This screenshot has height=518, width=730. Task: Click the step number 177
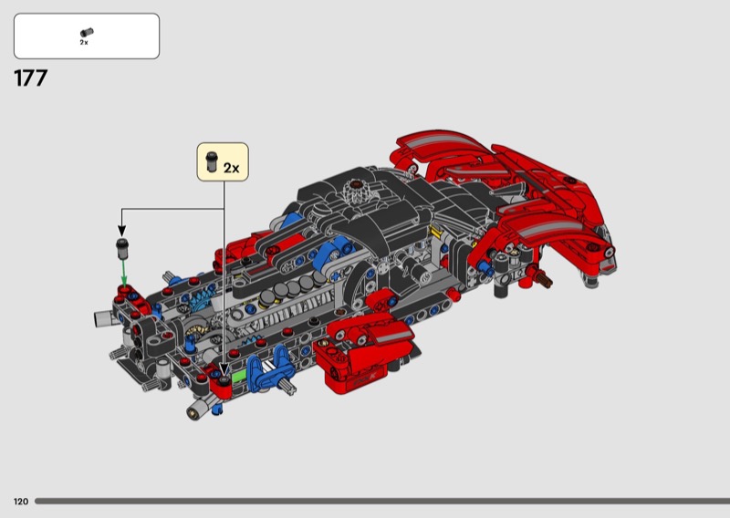(x=31, y=78)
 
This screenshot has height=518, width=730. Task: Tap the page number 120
(x=21, y=502)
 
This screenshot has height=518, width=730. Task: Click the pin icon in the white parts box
(x=87, y=33)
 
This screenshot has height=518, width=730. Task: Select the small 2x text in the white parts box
(x=84, y=42)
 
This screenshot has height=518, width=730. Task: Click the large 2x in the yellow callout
(x=232, y=168)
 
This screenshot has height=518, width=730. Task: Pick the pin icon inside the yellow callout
(x=212, y=161)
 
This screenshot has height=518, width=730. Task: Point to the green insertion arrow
(x=123, y=272)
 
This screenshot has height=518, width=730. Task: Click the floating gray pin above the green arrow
(x=122, y=249)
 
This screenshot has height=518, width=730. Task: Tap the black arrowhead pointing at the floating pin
(x=121, y=231)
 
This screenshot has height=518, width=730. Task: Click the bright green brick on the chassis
(x=238, y=376)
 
